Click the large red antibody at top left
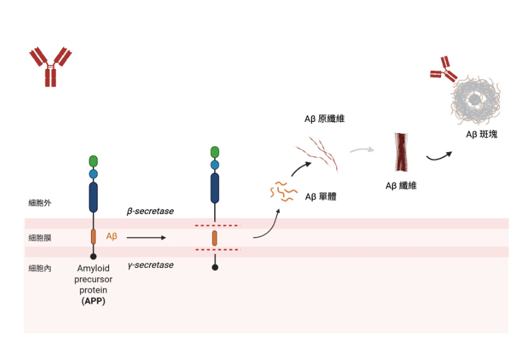[51, 65]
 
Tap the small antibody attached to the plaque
[444, 69]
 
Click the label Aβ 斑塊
[481, 135]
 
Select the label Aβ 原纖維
[325, 119]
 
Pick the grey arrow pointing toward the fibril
[362, 150]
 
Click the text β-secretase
[150, 211]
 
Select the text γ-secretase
[150, 265]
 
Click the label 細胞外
[40, 203]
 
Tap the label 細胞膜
[40, 238]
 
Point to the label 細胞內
[40, 269]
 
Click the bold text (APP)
[94, 301]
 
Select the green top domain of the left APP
[94, 160]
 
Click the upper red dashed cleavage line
[216, 225]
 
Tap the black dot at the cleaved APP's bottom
[215, 268]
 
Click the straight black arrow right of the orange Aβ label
[145, 238]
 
